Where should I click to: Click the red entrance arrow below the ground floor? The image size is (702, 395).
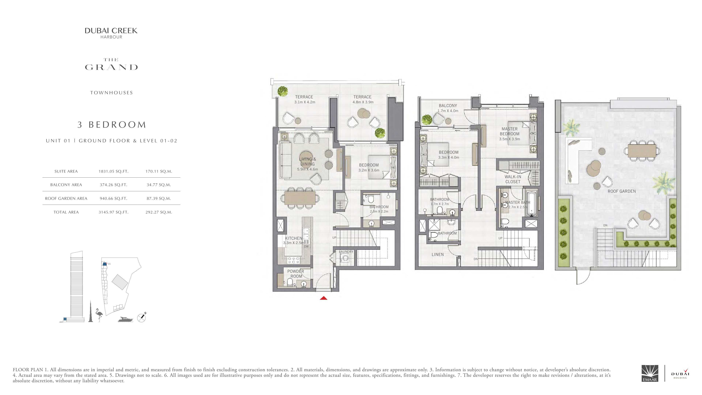(x=323, y=298)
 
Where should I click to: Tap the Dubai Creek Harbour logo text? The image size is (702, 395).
(x=111, y=33)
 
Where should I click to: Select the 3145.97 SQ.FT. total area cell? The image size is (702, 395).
(x=113, y=212)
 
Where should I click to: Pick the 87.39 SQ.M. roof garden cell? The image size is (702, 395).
(x=159, y=198)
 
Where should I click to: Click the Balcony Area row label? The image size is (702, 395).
(x=66, y=185)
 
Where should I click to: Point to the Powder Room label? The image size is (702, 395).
(x=296, y=274)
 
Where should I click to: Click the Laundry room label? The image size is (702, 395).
(x=346, y=252)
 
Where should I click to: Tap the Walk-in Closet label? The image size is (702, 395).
(x=513, y=179)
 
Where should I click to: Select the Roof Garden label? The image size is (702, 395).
(x=622, y=191)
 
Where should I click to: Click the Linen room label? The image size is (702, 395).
(x=438, y=254)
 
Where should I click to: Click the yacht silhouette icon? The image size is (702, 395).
(x=126, y=319)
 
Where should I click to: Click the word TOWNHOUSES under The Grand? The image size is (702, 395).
(x=112, y=93)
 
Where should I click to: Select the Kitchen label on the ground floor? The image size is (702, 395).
(x=293, y=238)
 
